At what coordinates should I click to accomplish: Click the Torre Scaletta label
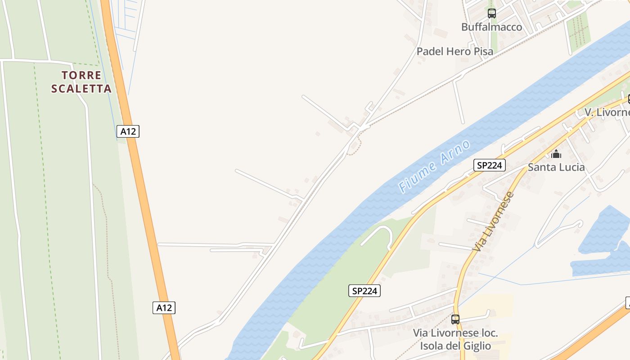coord(81,81)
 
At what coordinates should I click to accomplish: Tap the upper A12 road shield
coord(128,131)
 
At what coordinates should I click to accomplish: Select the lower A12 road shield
coord(164,308)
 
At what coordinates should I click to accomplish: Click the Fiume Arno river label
coord(435,166)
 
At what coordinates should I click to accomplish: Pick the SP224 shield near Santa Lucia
coord(490,165)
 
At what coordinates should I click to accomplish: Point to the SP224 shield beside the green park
coord(364,291)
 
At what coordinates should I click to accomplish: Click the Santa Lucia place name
coord(556,167)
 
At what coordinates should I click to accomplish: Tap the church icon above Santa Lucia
coord(556,154)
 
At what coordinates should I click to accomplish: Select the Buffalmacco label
coord(492,27)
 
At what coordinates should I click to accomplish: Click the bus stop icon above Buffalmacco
coord(492,13)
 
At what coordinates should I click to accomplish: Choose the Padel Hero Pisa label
coord(455,51)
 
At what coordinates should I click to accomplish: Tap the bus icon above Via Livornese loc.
coord(455,319)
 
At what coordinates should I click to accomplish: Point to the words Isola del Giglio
coord(455,346)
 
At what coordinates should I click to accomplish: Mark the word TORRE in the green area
coord(81,75)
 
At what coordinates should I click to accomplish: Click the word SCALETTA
coord(81,88)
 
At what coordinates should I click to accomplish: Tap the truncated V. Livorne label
coord(607,112)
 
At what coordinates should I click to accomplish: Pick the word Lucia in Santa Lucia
coord(571,167)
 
